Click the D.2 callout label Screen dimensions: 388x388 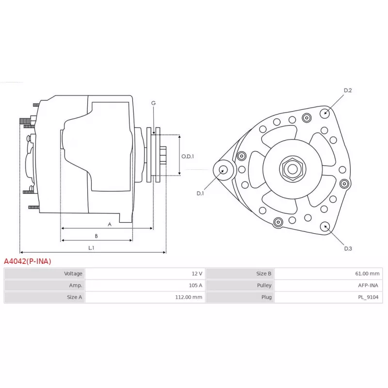348,90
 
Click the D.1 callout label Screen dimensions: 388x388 200,194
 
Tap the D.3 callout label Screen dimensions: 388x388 348,248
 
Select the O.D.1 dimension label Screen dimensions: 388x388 188,156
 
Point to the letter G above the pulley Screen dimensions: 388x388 153,103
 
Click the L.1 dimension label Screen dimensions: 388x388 91,248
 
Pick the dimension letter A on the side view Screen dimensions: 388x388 110,224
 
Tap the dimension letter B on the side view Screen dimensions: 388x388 96,236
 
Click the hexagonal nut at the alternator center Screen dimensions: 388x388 293,169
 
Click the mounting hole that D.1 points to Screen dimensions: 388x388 224,170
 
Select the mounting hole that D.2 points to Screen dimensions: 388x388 324,113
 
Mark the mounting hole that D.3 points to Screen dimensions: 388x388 324,226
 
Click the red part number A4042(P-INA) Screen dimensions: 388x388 28,261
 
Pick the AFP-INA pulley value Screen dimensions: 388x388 368,285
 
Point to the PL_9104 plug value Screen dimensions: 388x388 368,297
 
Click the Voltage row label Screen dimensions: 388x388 73,274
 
